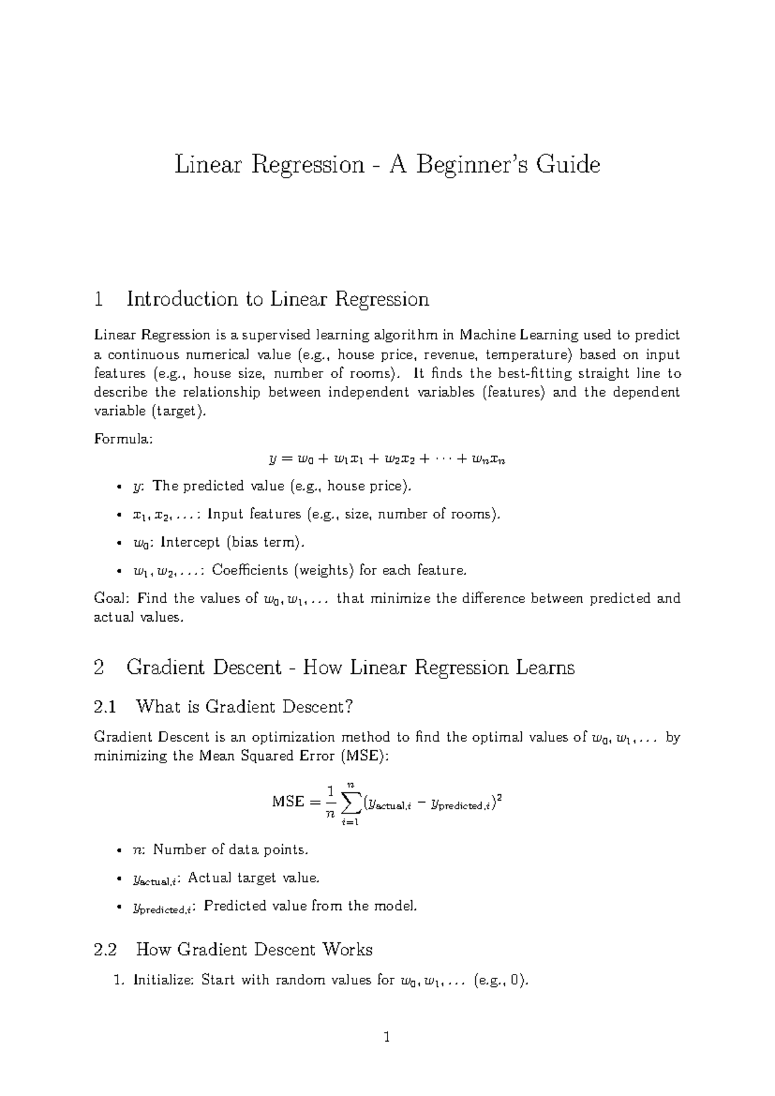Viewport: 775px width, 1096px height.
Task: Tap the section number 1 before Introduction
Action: (99, 299)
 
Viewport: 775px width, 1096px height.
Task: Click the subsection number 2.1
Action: (105, 707)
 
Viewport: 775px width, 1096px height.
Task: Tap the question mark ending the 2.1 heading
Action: (349, 707)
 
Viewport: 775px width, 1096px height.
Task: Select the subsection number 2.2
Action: (105, 950)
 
